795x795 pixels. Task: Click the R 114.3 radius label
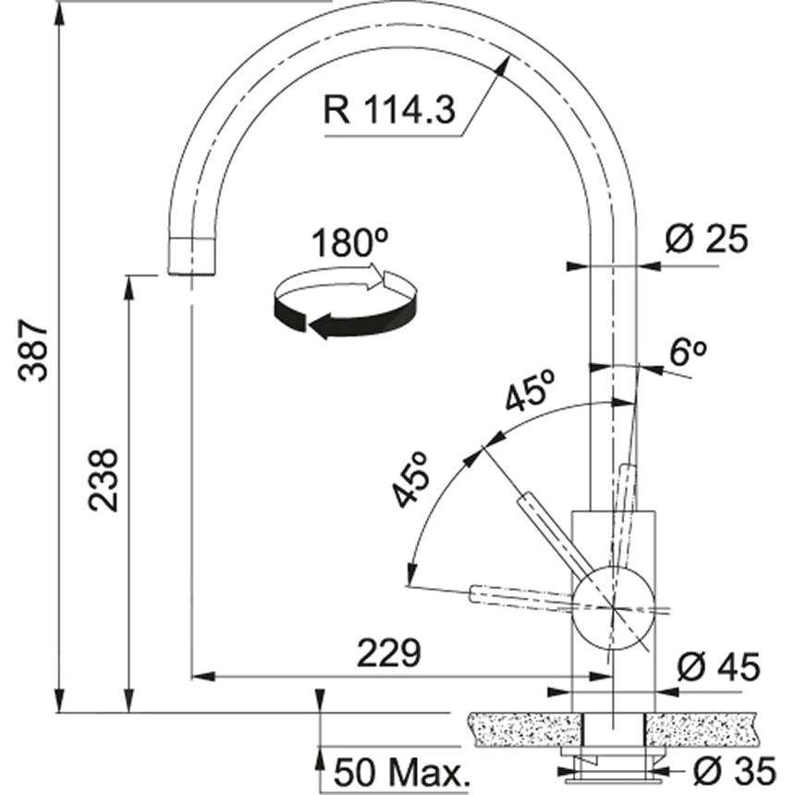(389, 111)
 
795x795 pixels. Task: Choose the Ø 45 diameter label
(717, 665)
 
